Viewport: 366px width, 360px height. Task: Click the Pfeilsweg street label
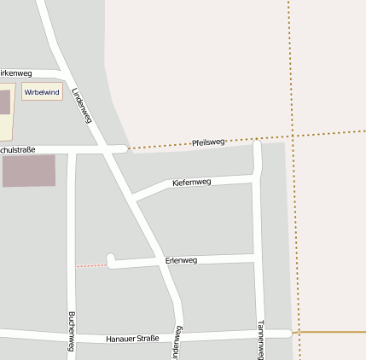[208, 142]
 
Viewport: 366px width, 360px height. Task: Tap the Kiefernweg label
[191, 183]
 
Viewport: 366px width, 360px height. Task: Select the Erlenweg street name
[181, 259]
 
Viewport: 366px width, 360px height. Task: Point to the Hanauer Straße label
[132, 339]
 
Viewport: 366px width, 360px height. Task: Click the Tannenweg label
[261, 339]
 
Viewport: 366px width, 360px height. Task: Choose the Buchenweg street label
[70, 331]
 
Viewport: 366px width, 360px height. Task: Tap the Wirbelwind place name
[42, 91]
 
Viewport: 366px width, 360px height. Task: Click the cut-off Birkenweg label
[15, 73]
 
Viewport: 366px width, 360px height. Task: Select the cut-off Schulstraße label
[17, 150]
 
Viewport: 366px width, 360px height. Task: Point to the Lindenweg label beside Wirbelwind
[81, 105]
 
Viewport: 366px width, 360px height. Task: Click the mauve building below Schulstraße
[28, 171]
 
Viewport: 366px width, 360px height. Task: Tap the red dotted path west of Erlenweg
[91, 266]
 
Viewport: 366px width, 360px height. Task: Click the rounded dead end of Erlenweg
[111, 259]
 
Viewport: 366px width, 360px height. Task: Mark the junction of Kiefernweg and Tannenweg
[257, 177]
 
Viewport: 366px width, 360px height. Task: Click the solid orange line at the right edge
[333, 331]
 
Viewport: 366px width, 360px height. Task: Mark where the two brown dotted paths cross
[292, 136]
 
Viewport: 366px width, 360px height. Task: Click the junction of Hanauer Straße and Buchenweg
[72, 334]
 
